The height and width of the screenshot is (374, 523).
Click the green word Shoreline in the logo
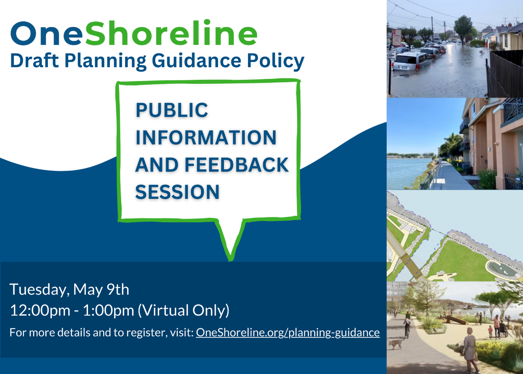[171, 33]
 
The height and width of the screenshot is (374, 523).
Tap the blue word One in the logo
[47, 34]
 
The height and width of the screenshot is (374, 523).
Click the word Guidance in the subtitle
[197, 61]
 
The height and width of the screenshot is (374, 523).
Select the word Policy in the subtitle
[275, 61]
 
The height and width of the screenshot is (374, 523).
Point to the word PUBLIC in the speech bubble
[172, 110]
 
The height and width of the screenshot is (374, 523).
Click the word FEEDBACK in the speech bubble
[237, 165]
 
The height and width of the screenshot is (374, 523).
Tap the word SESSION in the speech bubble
[177, 192]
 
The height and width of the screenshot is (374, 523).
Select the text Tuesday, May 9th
[69, 290]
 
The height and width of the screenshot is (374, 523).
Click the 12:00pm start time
[40, 311]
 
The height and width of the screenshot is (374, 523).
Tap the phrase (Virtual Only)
[184, 311]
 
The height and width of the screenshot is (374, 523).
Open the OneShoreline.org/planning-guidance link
[288, 333]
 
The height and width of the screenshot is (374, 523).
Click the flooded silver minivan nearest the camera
[411, 61]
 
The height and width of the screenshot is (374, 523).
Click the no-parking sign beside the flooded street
[396, 37]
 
